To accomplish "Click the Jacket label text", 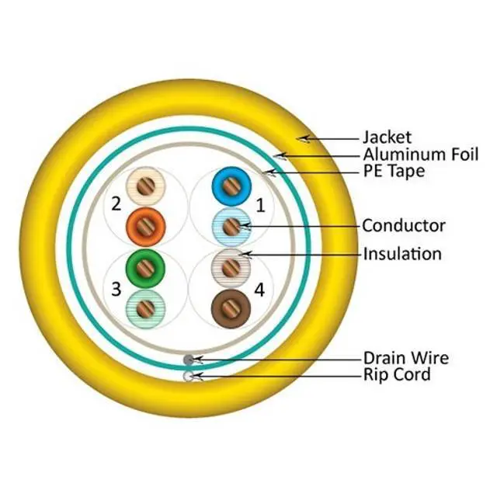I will pos(387,138).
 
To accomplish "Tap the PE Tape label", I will pos(394,171).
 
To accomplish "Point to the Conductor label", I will pos(404,226).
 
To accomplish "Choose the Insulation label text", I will pos(402,254).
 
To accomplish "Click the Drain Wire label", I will pos(405,359).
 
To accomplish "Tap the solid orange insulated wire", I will pos(146,226).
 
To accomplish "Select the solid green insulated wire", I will pos(146,268).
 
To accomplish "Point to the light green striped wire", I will pos(146,308).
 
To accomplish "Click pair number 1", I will pos(260,206).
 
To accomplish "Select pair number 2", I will pos(116,205).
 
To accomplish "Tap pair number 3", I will pos(116,290).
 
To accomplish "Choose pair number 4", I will pos(260,290).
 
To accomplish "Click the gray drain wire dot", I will pos(189,360).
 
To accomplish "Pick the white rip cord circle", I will pos(189,376).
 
